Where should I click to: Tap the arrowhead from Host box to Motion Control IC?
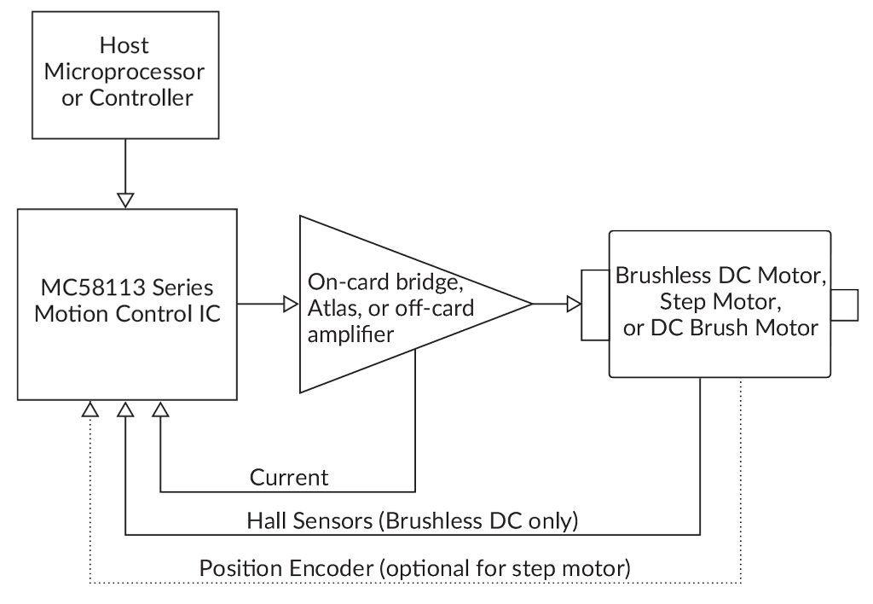point(126,199)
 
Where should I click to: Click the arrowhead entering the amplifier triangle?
point(291,304)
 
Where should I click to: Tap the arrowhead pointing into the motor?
point(574,304)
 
